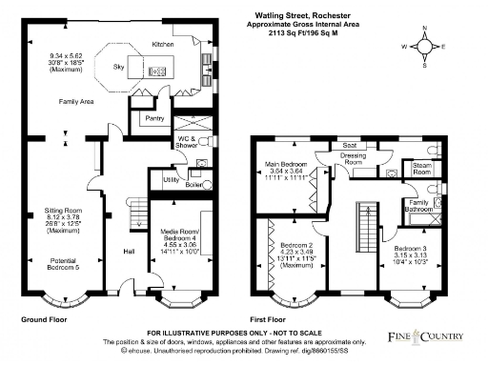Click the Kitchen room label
(164, 45)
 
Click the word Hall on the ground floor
(128, 253)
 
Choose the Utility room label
(172, 179)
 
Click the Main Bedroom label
(286, 165)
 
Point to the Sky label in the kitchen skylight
(118, 69)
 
